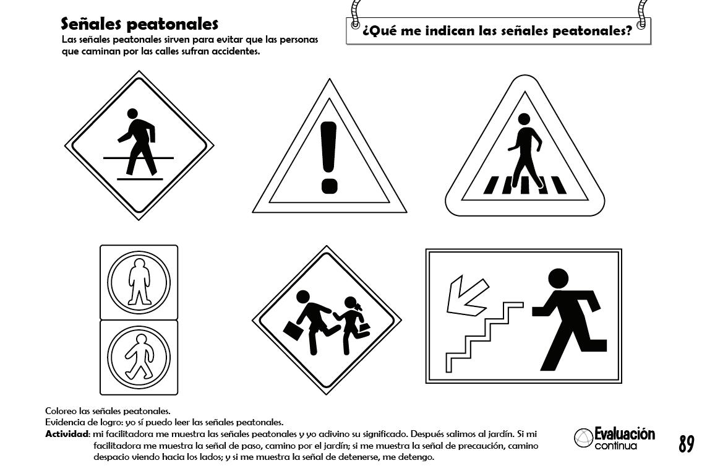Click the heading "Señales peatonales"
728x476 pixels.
point(139,24)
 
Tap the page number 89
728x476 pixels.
point(686,444)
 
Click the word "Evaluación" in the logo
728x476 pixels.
point(625,434)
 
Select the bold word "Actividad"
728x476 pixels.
point(67,434)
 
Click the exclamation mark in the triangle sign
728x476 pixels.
point(329,157)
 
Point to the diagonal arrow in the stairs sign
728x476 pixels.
point(466,295)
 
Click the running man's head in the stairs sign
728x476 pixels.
point(558,279)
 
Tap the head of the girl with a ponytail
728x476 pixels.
point(351,303)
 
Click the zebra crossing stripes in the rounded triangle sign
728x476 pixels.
point(525,184)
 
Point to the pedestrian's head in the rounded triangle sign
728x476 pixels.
point(524,119)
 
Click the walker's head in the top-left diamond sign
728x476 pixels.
point(132,114)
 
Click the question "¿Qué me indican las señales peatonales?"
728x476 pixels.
point(497,31)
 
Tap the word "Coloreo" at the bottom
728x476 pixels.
point(61,411)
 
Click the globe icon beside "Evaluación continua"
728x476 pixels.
point(584,438)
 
